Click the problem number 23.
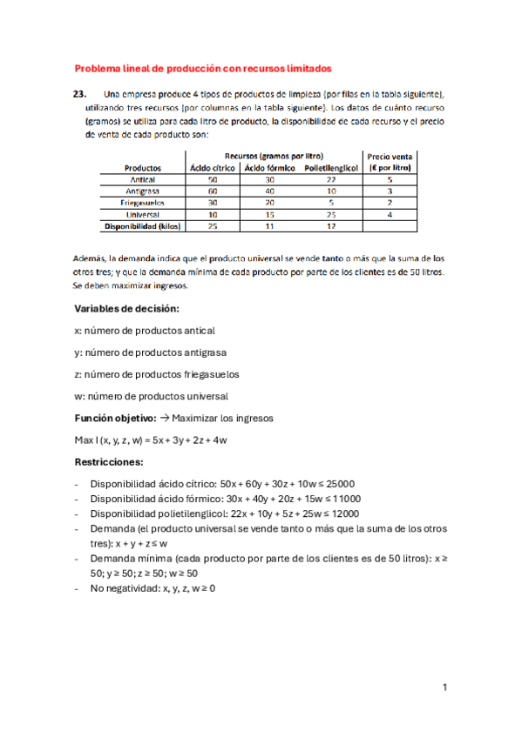tap(80, 94)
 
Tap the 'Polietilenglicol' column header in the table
tap(330, 167)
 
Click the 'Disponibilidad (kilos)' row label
tap(140, 225)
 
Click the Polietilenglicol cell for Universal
tap(330, 214)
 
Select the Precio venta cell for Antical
tap(390, 179)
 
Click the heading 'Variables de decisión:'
tap(125, 309)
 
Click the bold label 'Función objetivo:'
tap(116, 418)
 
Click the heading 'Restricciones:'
tap(109, 462)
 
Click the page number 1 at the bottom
tap(444, 688)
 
